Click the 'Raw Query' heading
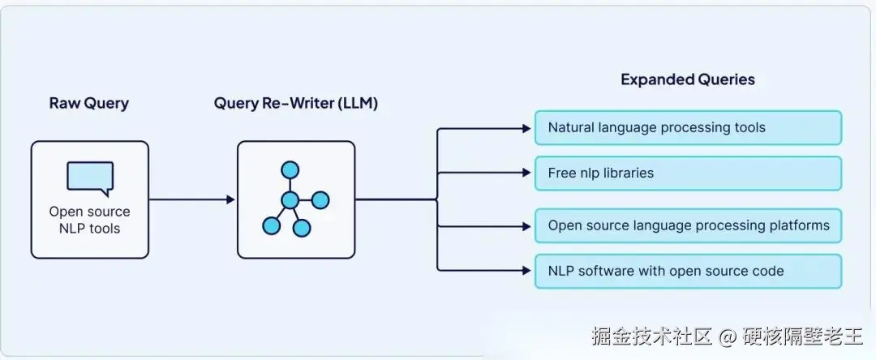click(88, 104)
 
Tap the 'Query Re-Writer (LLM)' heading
click(295, 104)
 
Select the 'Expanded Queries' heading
click(687, 79)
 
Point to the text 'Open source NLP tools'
click(89, 220)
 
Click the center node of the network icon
click(290, 199)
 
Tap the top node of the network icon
click(290, 169)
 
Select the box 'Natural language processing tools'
click(688, 127)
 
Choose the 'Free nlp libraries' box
click(688, 173)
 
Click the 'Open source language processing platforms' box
click(688, 225)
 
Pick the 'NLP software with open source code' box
click(688, 271)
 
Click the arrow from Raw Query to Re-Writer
click(191, 199)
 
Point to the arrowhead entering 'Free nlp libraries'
click(526, 173)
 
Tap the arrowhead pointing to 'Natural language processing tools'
click(526, 128)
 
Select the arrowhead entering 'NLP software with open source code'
click(526, 270)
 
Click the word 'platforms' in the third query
click(799, 225)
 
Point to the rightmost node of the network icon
click(320, 199)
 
